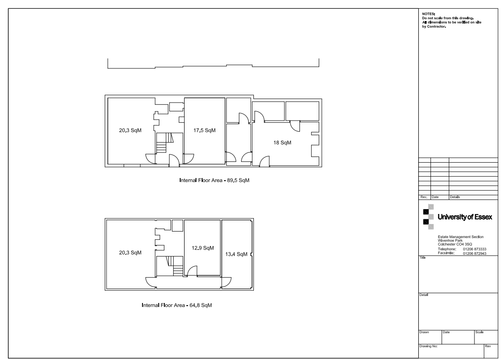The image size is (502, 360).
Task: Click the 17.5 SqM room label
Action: pyautogui.click(x=204, y=130)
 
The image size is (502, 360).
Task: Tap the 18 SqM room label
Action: pyautogui.click(x=282, y=143)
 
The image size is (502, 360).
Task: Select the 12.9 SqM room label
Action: pyautogui.click(x=203, y=248)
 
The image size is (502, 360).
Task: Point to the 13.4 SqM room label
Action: pyautogui.click(x=236, y=254)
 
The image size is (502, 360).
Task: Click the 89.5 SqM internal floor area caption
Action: pyautogui.click(x=214, y=180)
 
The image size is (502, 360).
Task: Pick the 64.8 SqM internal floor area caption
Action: pyautogui.click(x=177, y=305)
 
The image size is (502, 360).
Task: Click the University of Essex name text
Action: pyautogui.click(x=465, y=217)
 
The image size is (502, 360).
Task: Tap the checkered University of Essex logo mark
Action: pyautogui.click(x=428, y=217)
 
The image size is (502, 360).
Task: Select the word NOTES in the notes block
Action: pyautogui.click(x=428, y=14)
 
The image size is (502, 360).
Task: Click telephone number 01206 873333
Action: pyautogui.click(x=474, y=249)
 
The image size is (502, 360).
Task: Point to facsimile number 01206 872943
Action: pyautogui.click(x=474, y=253)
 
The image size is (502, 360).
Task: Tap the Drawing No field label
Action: pyautogui.click(x=428, y=346)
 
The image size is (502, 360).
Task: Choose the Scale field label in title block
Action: pyautogui.click(x=479, y=332)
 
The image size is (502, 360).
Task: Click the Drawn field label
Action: pyautogui.click(x=424, y=332)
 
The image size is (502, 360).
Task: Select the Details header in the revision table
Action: pyautogui.click(x=455, y=197)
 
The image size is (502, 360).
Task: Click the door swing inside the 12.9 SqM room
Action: pyautogui.click(x=192, y=271)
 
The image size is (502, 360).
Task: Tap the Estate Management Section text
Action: pyautogui.click(x=461, y=237)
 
